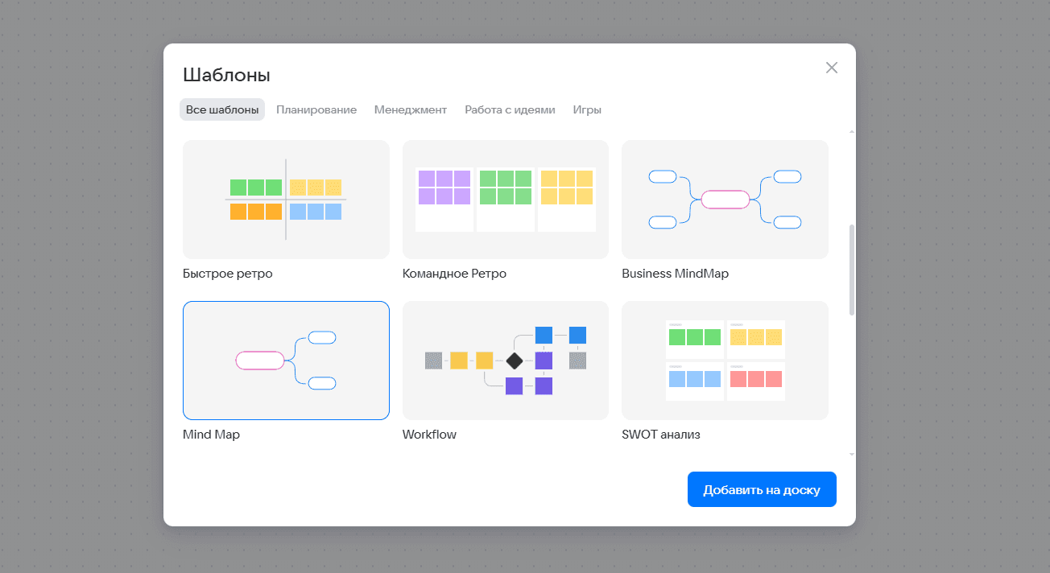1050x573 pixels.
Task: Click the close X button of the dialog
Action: [832, 68]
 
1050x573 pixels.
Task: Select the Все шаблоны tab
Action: [222, 109]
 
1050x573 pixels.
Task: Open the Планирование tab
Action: [316, 109]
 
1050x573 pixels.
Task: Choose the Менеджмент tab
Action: [411, 109]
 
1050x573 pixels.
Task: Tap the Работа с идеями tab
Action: [510, 109]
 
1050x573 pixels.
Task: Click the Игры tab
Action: [587, 109]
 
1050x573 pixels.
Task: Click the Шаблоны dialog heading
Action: [226, 76]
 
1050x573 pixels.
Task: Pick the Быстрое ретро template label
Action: [228, 274]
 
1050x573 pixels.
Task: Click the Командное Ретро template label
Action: [454, 274]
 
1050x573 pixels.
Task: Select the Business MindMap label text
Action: [675, 274]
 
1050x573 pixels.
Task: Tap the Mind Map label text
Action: [211, 435]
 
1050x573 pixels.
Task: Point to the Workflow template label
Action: [429, 435]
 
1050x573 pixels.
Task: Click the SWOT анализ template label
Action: [661, 435]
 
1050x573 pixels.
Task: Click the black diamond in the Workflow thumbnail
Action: [515, 361]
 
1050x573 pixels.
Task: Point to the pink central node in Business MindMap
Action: [725, 200]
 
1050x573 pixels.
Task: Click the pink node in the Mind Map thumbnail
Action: [260, 361]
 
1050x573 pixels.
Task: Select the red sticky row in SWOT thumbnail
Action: [756, 379]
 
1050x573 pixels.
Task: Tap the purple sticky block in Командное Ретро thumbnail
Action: [444, 188]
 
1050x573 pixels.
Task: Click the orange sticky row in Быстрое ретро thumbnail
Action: [256, 212]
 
